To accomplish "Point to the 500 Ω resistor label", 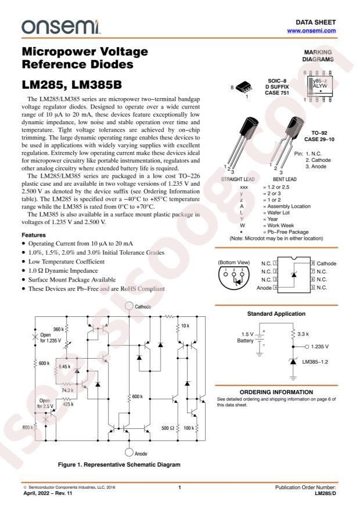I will pos(167,427).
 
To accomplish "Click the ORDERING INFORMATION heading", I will pos(276,393).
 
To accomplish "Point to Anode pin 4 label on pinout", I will pos(265,287).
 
